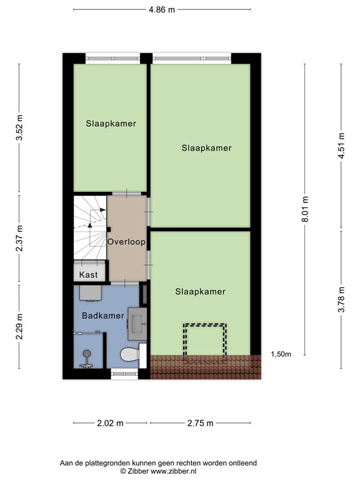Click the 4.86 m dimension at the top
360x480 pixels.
point(162,9)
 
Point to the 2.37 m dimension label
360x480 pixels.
point(19,237)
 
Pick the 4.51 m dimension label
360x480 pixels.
point(341,146)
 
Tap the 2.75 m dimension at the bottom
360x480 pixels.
point(199,423)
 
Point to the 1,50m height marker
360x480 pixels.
point(281,354)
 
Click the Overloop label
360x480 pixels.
point(126,241)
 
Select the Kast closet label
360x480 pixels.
point(88,274)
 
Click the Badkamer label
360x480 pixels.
point(102,316)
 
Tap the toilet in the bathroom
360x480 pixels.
point(129,355)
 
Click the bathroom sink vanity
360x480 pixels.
point(137,321)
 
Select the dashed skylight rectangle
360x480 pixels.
point(204,341)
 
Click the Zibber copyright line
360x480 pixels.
point(157,471)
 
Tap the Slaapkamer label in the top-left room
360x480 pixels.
point(111,124)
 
